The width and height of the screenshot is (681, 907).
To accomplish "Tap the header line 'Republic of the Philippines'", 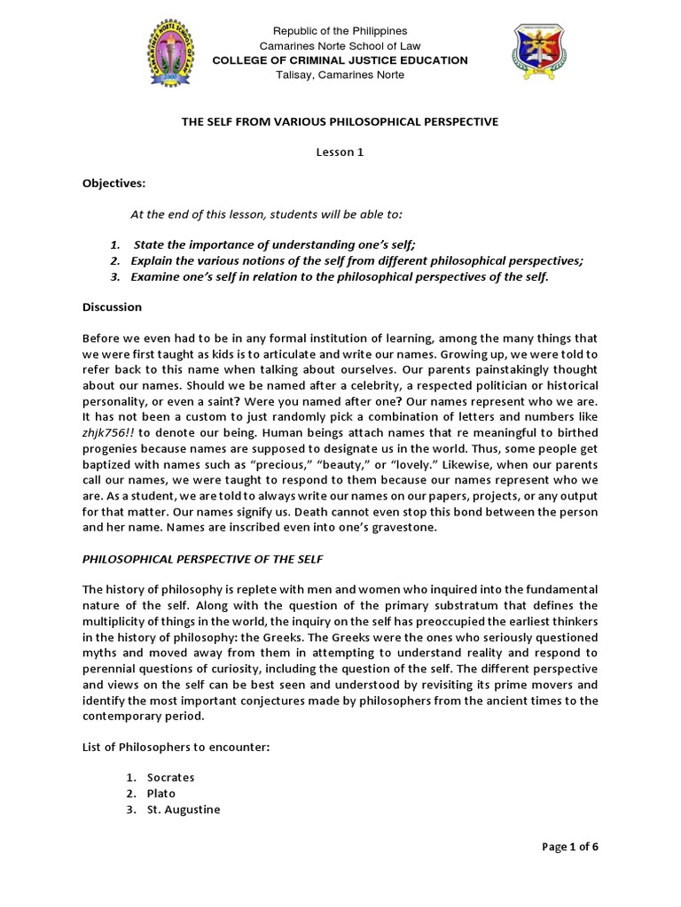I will click(340, 31).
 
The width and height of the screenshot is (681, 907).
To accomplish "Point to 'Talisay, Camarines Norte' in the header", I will click(340, 75).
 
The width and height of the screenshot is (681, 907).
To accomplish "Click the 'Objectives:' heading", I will click(113, 183).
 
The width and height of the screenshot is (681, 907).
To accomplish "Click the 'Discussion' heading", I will click(112, 307).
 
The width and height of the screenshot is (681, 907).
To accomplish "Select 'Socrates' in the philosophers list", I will click(172, 778).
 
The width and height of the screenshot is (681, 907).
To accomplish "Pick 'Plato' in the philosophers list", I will click(162, 794).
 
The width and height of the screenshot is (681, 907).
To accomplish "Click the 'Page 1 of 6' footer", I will click(570, 847).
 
